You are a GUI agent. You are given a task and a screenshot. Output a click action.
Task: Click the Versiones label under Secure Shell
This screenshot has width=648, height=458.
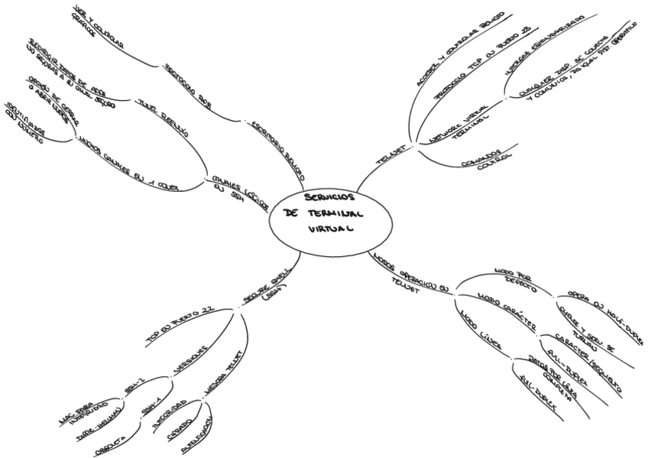click(x=192, y=359)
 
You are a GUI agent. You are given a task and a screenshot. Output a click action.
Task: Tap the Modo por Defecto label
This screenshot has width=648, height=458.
click(x=514, y=280)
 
